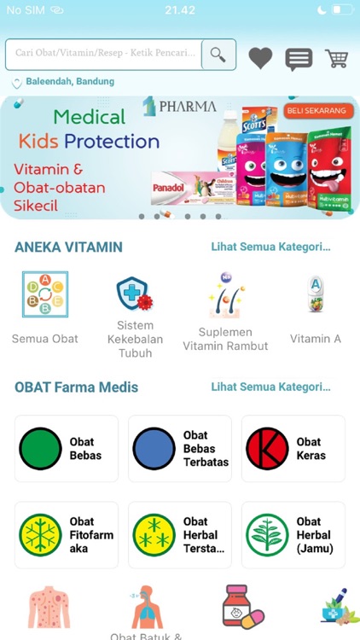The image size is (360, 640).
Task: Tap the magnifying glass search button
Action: click(218, 55)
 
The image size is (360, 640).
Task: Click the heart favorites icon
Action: click(260, 58)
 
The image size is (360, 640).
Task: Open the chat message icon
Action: click(298, 59)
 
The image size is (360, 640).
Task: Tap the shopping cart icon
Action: click(337, 58)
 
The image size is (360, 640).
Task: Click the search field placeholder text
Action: click(105, 53)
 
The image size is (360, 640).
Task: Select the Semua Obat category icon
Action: click(44, 294)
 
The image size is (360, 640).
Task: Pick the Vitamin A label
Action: click(315, 339)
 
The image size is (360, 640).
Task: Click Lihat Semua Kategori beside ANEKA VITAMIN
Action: click(270, 247)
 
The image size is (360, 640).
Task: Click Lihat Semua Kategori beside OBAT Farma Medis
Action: click(270, 387)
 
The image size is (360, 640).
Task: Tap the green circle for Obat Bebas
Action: click(40, 449)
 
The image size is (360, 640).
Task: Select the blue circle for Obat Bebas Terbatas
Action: click(154, 449)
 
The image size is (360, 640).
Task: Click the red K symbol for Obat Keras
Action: click(267, 449)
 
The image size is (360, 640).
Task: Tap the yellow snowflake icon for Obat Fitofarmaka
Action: click(40, 535)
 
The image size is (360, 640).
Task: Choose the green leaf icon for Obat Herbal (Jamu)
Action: click(267, 535)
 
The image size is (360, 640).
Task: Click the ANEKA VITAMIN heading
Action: click(68, 247)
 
